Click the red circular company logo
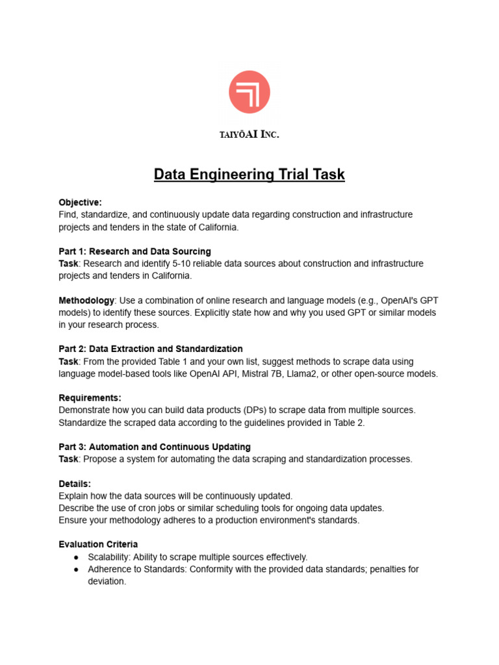pos(249,92)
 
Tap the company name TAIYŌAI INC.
pos(249,134)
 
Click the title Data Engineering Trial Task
pos(249,175)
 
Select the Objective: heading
pos(81,202)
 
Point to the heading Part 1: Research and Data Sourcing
pos(134,251)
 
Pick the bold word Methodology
pos(86,300)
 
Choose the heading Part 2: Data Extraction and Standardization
pos(151,349)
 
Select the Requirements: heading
pos(90,397)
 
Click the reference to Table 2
pos(348,422)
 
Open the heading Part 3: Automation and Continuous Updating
pos(155,447)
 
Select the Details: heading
pos(75,484)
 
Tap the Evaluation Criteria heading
pos(98,544)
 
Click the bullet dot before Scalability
pos(77,557)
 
